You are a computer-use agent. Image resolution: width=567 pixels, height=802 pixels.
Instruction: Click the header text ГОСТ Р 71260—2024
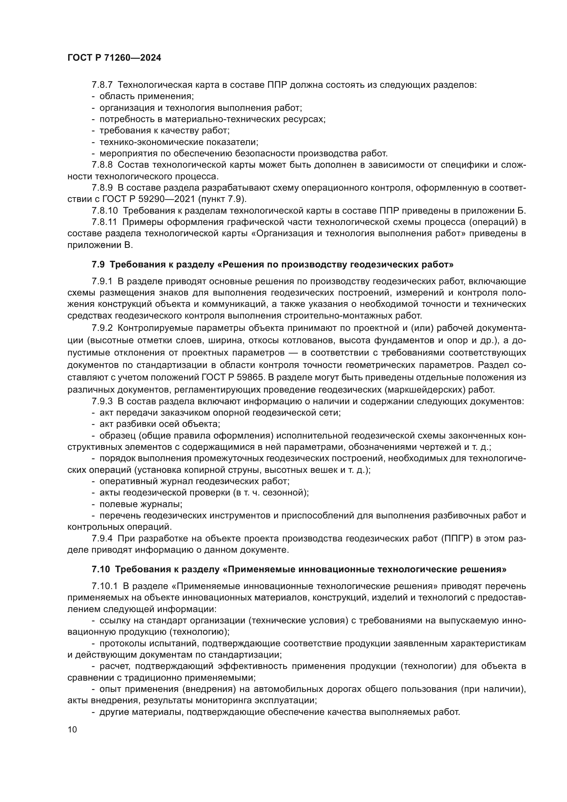(x=114, y=58)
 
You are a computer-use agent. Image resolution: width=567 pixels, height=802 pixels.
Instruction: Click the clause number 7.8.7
(x=102, y=85)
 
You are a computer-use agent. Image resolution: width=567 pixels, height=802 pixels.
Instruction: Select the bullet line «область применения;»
(x=146, y=96)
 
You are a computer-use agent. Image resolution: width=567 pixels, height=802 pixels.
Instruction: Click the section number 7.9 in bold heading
(x=98, y=264)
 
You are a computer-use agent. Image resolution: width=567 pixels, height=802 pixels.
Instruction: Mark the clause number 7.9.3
(x=102, y=402)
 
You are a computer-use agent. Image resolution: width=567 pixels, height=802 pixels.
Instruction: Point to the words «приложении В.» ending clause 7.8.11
(x=100, y=245)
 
